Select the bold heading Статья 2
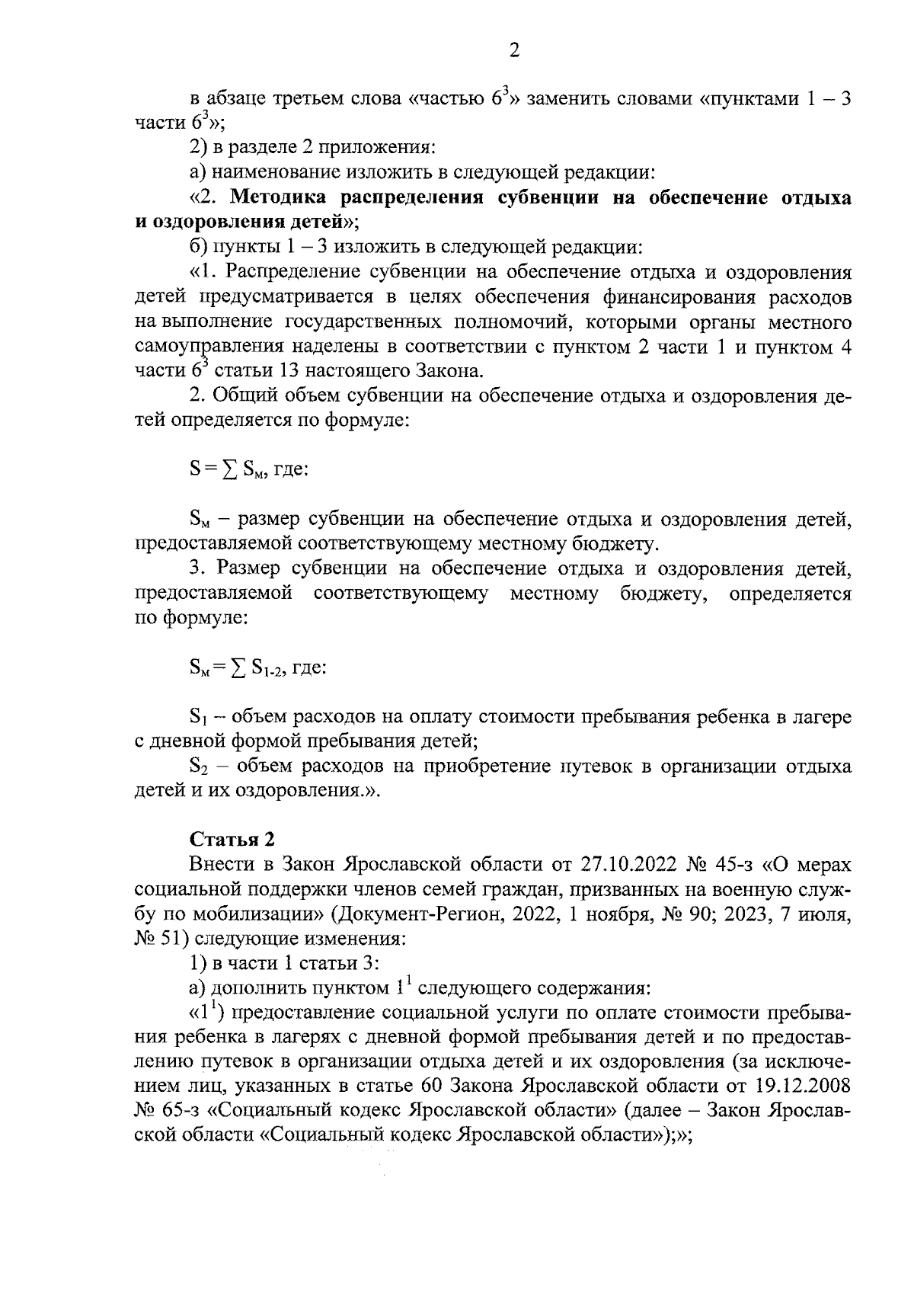click(232, 839)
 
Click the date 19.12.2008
click(808, 1084)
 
